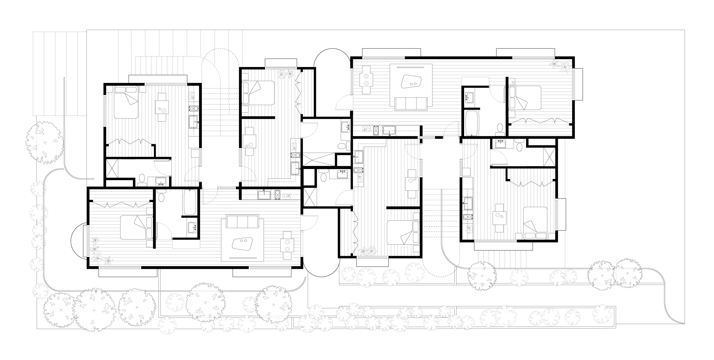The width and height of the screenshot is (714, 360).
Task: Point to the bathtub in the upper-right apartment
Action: coord(470,123)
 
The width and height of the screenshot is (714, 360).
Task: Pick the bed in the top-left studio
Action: coord(126,102)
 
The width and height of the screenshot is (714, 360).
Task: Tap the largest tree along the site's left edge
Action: coord(45,143)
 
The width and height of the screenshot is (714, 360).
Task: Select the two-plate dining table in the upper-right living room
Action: coord(366,80)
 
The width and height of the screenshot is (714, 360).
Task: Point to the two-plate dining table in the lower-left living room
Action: coord(287,246)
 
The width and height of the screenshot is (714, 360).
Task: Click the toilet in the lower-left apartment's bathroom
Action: coord(162,197)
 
